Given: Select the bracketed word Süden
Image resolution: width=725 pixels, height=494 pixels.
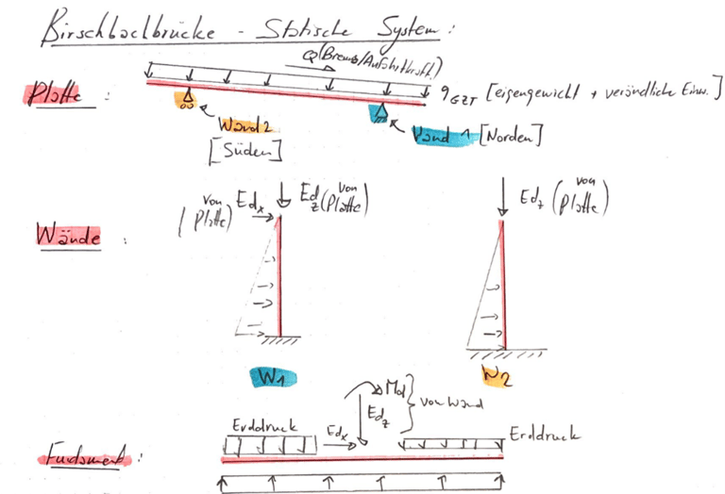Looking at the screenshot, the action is click(x=251, y=149).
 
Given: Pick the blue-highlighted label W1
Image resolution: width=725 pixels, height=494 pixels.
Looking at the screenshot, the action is click(x=274, y=377).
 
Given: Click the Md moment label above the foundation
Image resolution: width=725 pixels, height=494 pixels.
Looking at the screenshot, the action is click(x=396, y=387).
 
